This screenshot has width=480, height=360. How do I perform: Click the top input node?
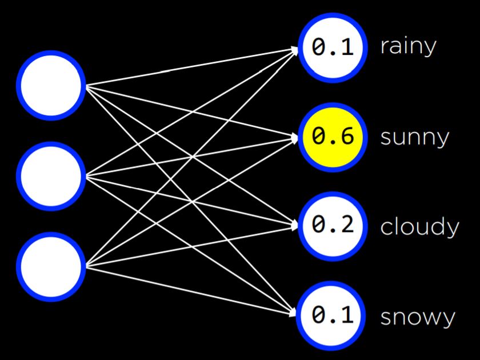pyautogui.click(x=50, y=86)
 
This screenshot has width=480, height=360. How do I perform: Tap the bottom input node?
pyautogui.click(x=50, y=266)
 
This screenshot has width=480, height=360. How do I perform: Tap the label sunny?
pyautogui.click(x=414, y=138)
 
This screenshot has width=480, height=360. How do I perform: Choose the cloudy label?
pyautogui.click(x=419, y=227)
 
